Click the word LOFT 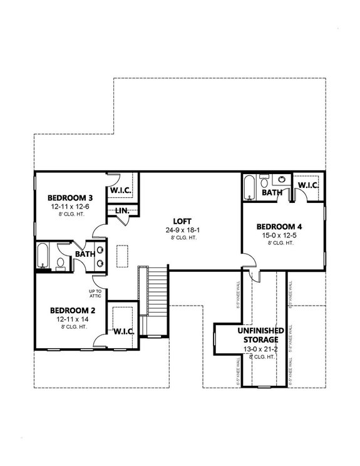tap(182, 221)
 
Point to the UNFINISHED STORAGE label tap(260, 334)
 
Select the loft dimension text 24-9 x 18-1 tap(182, 230)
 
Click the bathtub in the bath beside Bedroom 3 tap(43, 256)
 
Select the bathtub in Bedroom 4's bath tap(249, 186)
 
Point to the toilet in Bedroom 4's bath tap(264, 184)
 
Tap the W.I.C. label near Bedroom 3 tap(120, 190)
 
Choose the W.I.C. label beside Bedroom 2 tap(122, 331)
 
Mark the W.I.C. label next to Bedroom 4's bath tap(308, 186)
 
